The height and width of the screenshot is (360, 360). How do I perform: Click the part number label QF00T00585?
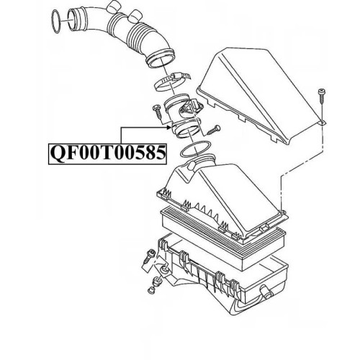[x=107, y=153]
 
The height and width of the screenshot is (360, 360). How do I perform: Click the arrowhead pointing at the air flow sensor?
[x=169, y=127]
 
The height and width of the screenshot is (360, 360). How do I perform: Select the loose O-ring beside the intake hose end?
[x=56, y=21]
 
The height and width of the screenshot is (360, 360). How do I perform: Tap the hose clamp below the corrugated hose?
[x=170, y=81]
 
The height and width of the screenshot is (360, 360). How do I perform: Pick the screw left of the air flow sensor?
[x=158, y=112]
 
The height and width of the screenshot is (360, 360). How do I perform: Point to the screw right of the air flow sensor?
[x=213, y=130]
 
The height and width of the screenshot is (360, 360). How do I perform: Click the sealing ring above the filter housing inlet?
[x=195, y=149]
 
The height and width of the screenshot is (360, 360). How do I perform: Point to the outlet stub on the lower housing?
[x=266, y=290]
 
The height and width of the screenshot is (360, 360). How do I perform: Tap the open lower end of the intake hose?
[x=161, y=60]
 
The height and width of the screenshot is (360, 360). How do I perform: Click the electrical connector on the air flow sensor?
[x=192, y=106]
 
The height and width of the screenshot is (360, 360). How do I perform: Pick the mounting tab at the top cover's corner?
[x=322, y=122]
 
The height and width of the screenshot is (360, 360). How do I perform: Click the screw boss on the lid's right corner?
[x=283, y=212]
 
